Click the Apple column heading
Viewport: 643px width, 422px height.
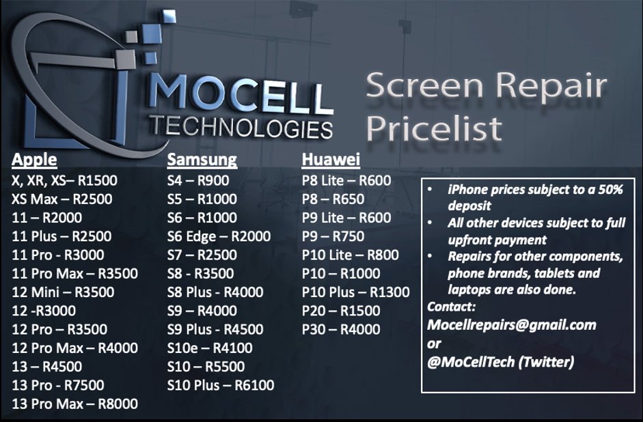[34, 160]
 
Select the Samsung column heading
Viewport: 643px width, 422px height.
[202, 160]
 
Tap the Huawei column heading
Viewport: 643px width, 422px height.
[331, 160]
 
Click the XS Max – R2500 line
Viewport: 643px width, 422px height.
[62, 199]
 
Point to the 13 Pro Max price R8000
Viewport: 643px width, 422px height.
[118, 404]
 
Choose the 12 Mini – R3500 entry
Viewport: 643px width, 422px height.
[63, 292]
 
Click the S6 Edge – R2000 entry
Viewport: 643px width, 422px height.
[219, 237]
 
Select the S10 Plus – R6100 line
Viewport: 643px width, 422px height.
[221, 386]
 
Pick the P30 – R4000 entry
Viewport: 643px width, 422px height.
[341, 330]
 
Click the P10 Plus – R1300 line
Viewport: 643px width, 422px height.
[356, 292]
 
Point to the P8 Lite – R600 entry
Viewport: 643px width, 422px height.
[346, 181]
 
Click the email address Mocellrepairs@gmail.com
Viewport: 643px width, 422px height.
[511, 325]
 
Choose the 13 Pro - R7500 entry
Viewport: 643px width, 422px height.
[57, 386]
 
